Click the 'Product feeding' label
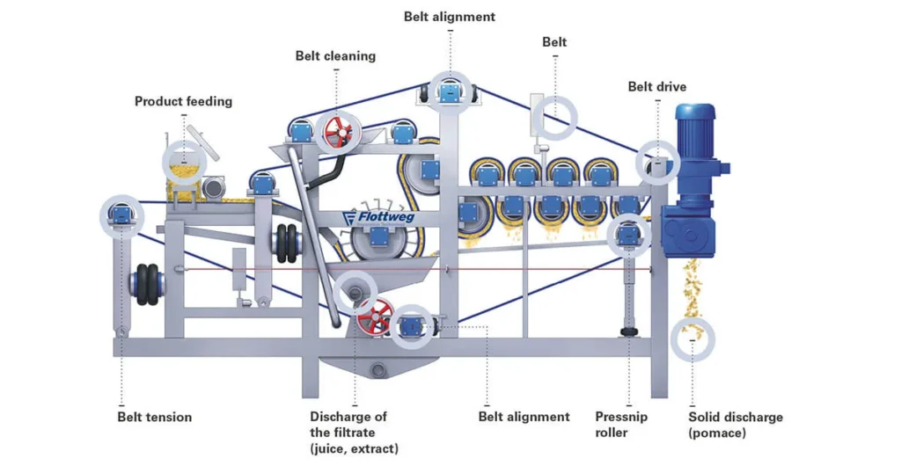pyautogui.click(x=183, y=101)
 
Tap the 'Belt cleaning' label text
pyautogui.click(x=335, y=56)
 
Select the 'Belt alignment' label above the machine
pyautogui.click(x=450, y=17)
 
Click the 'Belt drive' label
pyautogui.click(x=656, y=86)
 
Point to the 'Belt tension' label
pyautogui.click(x=154, y=417)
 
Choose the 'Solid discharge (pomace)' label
pyautogui.click(x=736, y=425)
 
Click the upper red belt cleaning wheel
pyautogui.click(x=335, y=134)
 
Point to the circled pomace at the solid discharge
pyautogui.click(x=692, y=338)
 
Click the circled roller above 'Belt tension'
pyautogui.click(x=121, y=214)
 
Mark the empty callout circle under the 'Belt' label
pyautogui.click(x=557, y=116)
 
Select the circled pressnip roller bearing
pyautogui.click(x=628, y=234)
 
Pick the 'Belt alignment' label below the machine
pyautogui.click(x=524, y=417)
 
